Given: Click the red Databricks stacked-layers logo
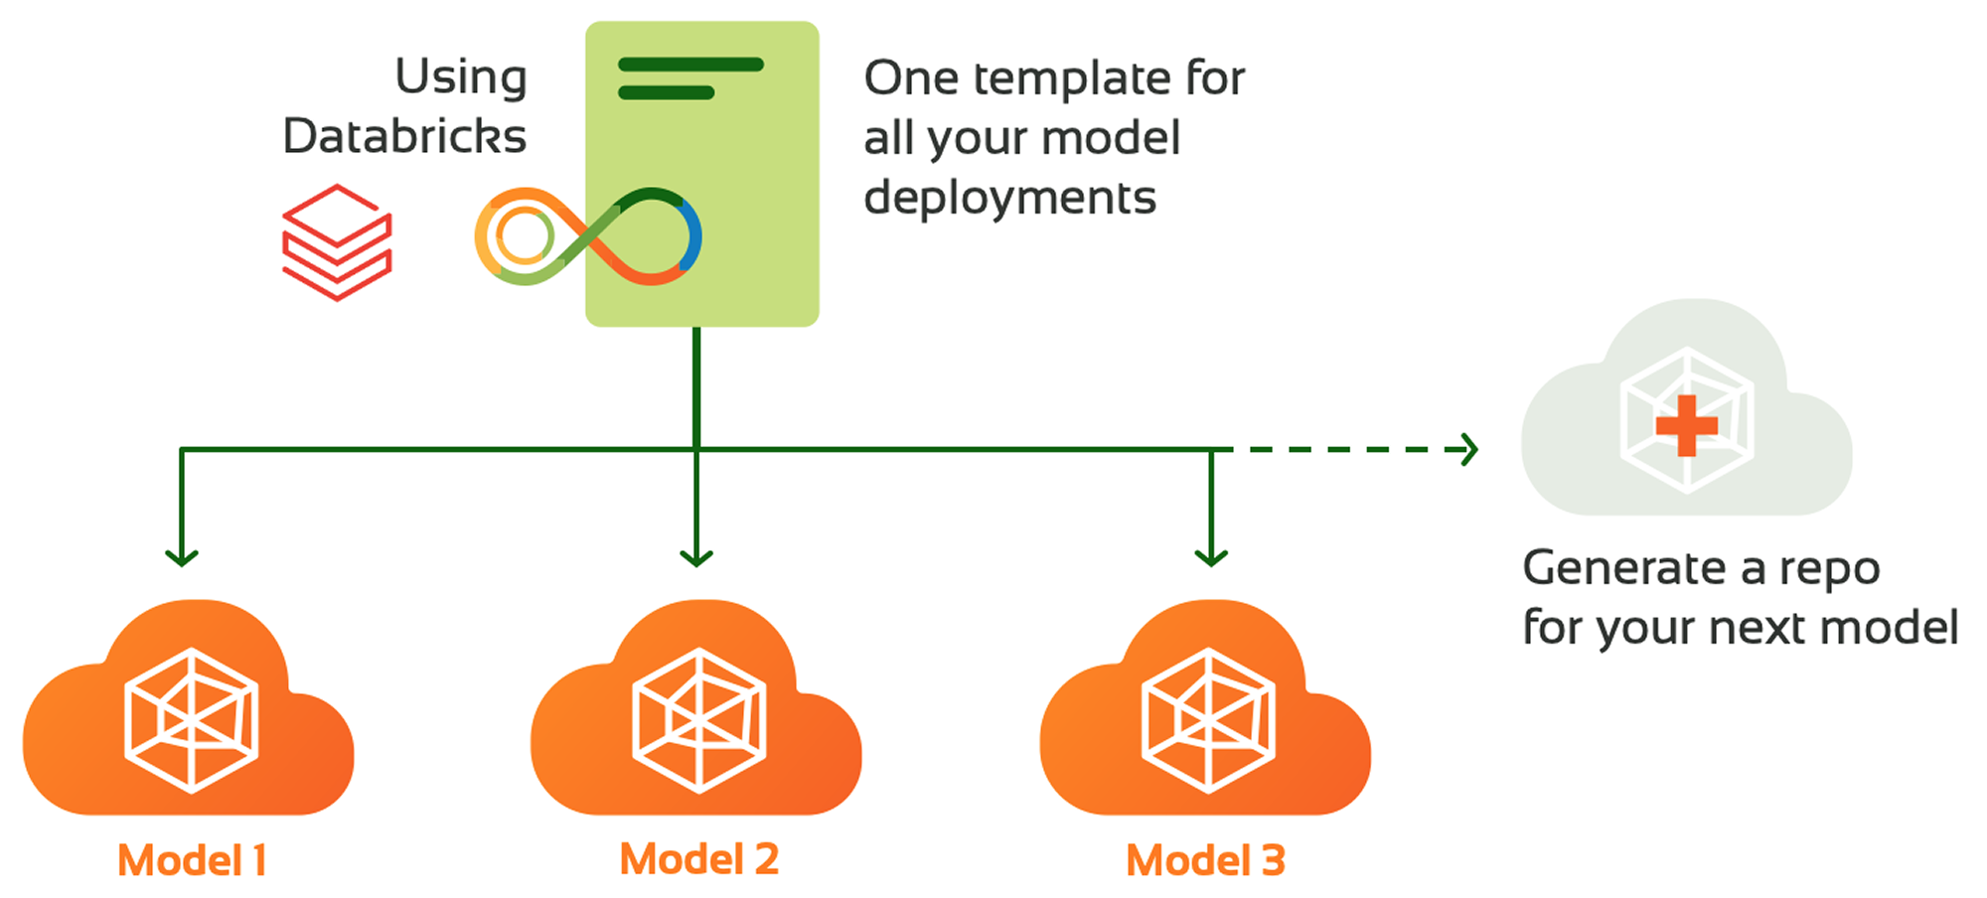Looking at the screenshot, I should [337, 242].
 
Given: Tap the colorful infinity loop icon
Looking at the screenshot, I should [588, 236].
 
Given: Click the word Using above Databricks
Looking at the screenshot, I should [461, 77].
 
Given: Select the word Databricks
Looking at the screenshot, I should [404, 136].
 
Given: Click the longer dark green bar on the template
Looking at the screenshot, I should [690, 65].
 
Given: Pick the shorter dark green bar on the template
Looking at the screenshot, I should [666, 92].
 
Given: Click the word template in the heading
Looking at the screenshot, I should [1072, 78].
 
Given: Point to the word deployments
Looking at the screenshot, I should [1009, 198].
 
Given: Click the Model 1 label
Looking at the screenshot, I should [192, 860].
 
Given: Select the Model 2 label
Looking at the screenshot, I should [699, 859].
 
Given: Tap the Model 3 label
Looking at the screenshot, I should [1205, 860].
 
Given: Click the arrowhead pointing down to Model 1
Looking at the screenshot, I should [182, 556].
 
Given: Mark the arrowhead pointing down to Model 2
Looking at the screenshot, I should [696, 556].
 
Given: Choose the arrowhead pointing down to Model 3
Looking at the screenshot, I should [1211, 556].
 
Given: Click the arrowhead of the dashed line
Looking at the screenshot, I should [1469, 449].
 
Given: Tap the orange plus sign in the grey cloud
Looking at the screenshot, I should [1686, 425].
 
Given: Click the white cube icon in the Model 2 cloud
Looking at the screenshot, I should [699, 720].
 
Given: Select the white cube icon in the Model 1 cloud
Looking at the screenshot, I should [192, 720].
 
